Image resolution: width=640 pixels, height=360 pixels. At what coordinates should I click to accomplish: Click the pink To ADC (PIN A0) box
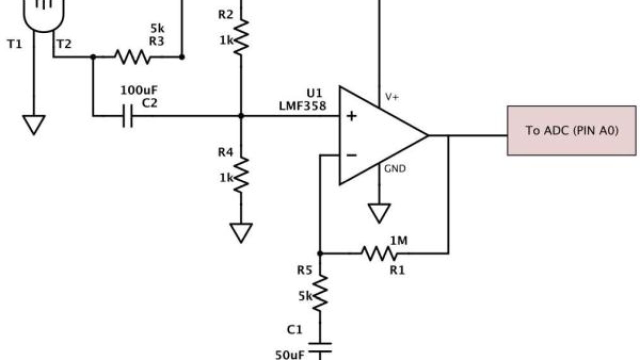571,130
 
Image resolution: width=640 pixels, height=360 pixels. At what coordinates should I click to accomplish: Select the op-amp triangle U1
375,135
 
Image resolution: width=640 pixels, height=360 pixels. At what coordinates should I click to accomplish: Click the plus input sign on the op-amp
352,116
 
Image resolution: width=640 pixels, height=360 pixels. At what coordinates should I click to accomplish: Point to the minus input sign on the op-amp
352,155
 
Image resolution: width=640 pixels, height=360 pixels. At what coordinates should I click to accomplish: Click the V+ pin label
391,97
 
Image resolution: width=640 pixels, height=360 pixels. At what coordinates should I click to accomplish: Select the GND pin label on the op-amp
394,169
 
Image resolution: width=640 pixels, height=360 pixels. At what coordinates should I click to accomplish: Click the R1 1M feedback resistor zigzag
380,253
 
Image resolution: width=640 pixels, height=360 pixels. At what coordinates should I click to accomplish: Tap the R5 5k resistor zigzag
320,292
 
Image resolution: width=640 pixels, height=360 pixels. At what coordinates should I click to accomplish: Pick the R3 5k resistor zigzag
132,57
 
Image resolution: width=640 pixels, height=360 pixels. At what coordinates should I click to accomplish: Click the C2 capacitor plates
128,116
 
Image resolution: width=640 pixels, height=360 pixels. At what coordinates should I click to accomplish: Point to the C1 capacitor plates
320,347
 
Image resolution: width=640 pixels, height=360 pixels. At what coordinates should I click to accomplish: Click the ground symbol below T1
34,124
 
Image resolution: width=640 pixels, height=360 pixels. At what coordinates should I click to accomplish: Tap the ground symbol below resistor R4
241,232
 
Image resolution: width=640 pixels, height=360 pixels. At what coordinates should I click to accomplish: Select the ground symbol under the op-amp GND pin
379,212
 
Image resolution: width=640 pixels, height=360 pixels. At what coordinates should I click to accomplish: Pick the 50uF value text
288,355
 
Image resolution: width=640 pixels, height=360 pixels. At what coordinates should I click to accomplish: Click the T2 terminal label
64,44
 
